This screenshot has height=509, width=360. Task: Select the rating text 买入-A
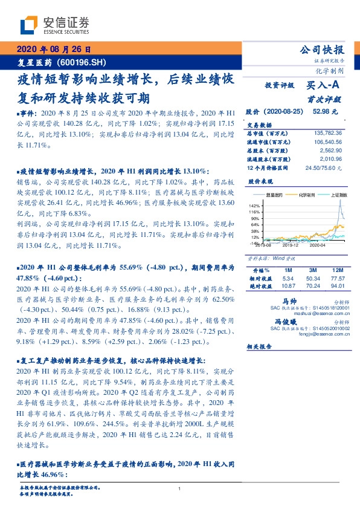coord(323,86)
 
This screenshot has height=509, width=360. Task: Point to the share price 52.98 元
coord(326,112)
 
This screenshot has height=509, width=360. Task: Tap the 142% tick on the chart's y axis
coord(254,206)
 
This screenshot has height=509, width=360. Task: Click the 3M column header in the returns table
coord(313,270)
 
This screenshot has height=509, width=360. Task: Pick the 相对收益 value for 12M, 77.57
coord(338,277)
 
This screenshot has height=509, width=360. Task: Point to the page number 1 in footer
coord(180,488)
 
